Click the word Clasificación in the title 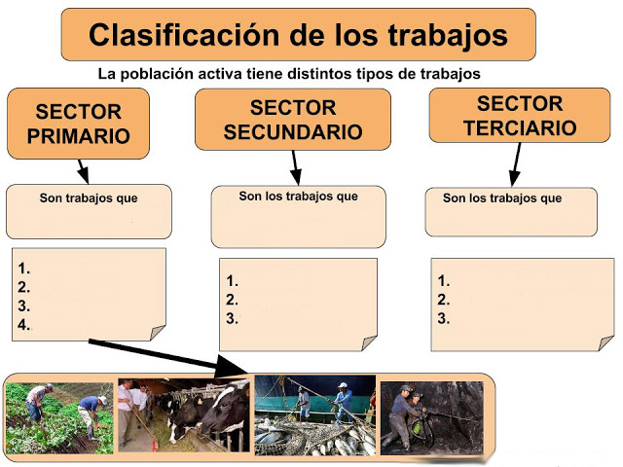(x=184, y=35)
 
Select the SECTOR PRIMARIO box (x=78, y=124)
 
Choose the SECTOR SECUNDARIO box (x=293, y=120)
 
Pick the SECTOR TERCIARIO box (x=520, y=115)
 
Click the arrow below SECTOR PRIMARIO (x=83, y=171)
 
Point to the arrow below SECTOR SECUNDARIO (x=295, y=167)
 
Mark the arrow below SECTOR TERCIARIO (x=516, y=164)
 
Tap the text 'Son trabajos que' (x=89, y=198)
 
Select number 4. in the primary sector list (x=23, y=325)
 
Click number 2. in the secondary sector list (x=232, y=300)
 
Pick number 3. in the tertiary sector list (x=444, y=318)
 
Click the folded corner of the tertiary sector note (x=605, y=343)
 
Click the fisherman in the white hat (x=343, y=402)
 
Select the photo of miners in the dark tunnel (x=432, y=418)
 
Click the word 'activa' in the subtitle (x=221, y=74)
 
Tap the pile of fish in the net (x=313, y=437)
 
